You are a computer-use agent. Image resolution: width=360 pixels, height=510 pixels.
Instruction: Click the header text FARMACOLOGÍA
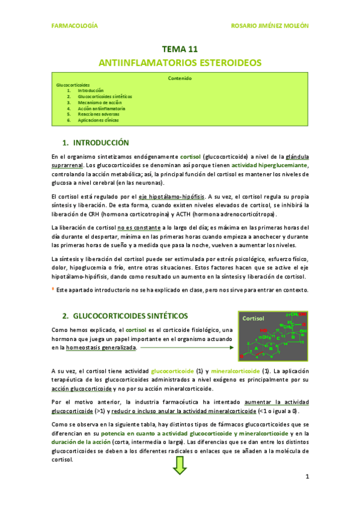tap(75, 26)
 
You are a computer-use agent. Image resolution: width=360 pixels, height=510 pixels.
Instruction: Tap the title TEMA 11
tap(180, 49)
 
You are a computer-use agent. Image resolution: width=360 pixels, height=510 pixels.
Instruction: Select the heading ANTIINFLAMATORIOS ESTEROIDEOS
tap(180, 63)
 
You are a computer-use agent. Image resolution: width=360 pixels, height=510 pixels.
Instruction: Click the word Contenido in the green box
tap(180, 78)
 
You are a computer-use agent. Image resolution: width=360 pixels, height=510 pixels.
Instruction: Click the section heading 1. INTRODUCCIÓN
tap(96, 143)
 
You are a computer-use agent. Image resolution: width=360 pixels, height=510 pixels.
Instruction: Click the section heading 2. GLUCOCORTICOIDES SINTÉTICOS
tap(125, 316)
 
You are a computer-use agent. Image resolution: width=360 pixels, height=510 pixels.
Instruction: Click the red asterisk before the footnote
tap(53, 289)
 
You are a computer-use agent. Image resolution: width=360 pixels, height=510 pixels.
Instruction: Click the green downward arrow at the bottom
tap(180, 465)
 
